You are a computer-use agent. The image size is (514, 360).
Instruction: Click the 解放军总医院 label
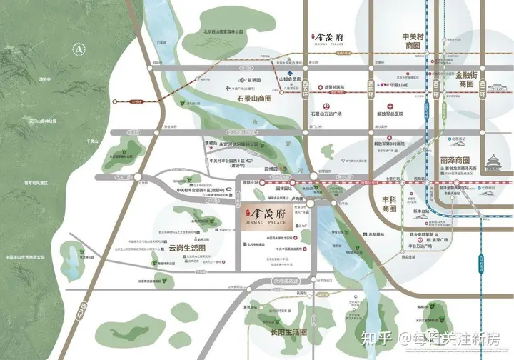point(394,114)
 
